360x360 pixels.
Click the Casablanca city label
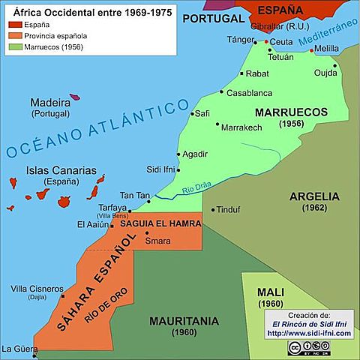pyautogui.click(x=249, y=93)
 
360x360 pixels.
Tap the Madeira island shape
pyautogui.click(x=75, y=97)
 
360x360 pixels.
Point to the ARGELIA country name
pyautogui.click(x=314, y=196)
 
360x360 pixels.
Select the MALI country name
pyautogui.click(x=268, y=292)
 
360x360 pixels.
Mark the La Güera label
pyautogui.click(x=19, y=349)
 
